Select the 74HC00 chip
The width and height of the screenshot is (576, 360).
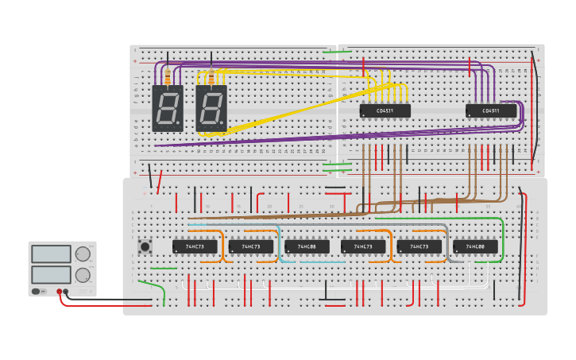475,246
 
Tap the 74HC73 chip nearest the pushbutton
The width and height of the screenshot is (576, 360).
195,246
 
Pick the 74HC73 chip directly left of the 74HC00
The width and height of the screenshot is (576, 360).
419,246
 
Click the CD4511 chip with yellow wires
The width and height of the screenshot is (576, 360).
385,110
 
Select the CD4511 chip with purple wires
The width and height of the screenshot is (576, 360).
490,110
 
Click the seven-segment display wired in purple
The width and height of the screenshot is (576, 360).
168,108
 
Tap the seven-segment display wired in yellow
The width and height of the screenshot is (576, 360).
211,108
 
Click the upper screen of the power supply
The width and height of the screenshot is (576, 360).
51,254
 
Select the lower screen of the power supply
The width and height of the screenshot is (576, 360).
51,275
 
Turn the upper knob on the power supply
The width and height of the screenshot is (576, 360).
83,254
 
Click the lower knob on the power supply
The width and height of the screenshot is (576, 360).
83,275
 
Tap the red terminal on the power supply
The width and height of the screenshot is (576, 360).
59,292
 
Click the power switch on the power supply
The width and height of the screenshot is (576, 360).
37,292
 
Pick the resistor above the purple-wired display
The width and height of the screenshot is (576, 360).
168,77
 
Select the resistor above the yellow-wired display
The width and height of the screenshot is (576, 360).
211,77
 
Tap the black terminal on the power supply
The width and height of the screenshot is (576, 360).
66,292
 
